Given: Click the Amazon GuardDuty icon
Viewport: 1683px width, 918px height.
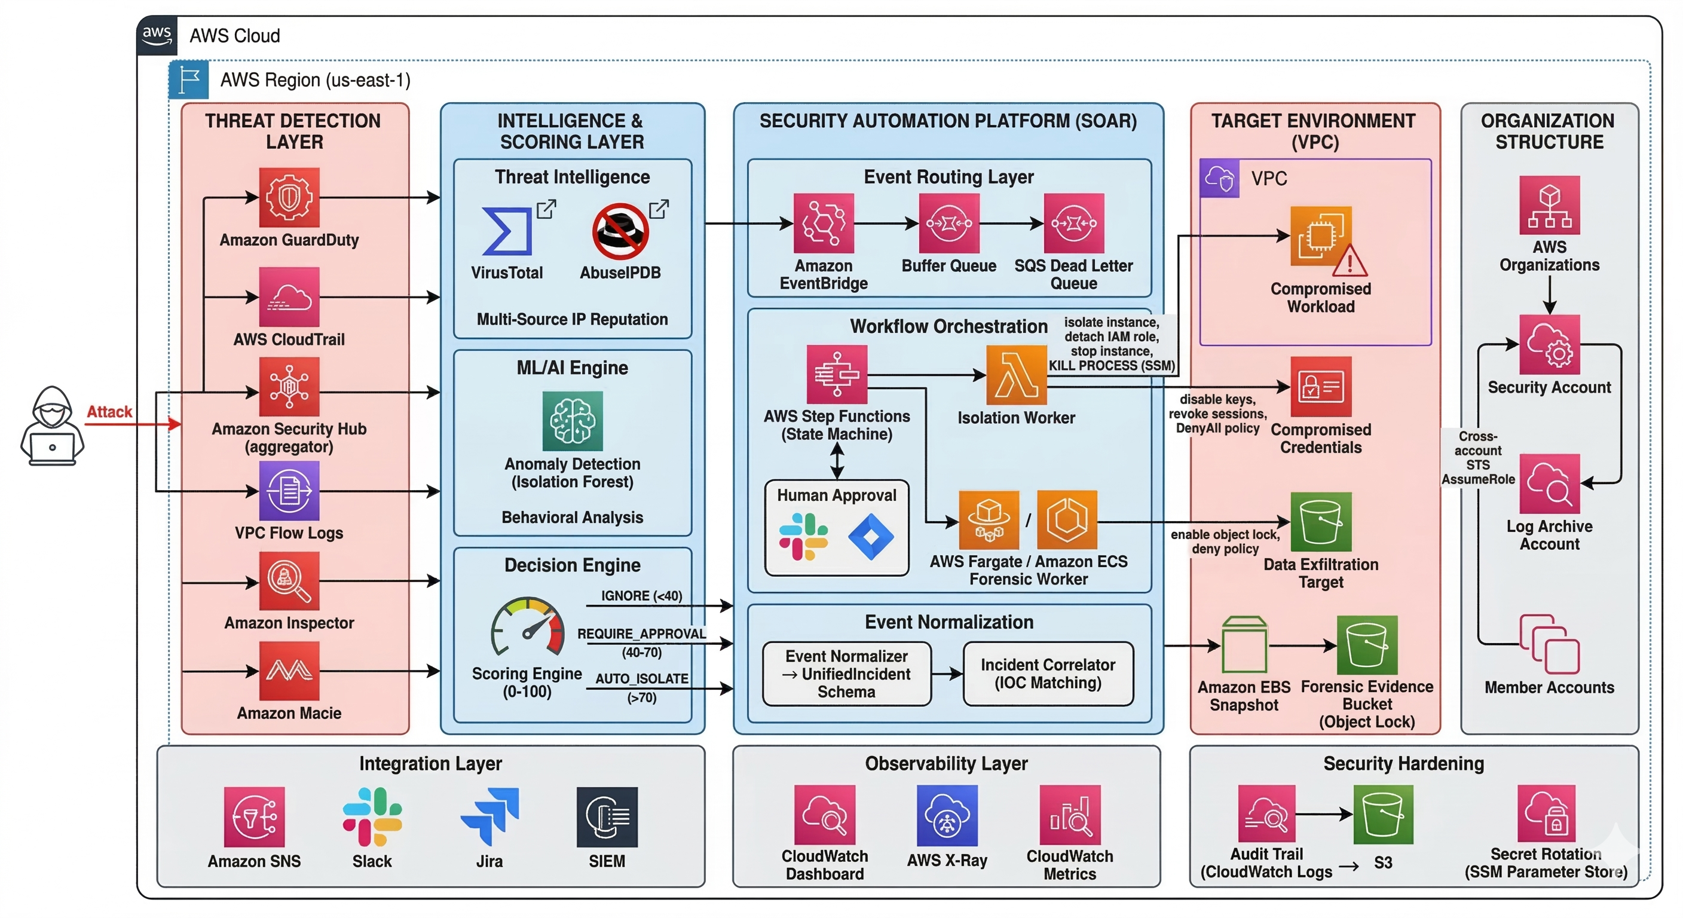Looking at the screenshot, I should click(x=289, y=197).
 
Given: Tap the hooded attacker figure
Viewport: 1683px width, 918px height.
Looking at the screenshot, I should click(x=52, y=426).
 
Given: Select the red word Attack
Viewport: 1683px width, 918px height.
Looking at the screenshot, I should click(x=109, y=412).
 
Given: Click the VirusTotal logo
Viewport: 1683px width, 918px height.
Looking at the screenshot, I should click(x=506, y=231).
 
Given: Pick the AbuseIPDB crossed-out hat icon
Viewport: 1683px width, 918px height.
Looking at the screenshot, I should click(x=620, y=231).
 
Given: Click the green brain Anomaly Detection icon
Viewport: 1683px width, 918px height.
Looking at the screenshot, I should click(x=573, y=421).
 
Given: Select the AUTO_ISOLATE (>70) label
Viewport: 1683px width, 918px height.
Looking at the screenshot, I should click(x=641, y=687).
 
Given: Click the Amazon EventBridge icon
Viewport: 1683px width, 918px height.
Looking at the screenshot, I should click(x=823, y=223).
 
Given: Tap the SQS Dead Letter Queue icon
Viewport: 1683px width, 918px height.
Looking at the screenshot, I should click(x=1073, y=223).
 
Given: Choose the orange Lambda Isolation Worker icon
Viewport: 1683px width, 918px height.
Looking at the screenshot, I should click(x=1016, y=375).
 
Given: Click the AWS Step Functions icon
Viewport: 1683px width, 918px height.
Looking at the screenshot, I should click(x=836, y=374).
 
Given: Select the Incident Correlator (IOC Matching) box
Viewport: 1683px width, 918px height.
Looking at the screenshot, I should click(x=1047, y=674).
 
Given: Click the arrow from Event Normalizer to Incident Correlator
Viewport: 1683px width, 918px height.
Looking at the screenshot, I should click(x=947, y=674).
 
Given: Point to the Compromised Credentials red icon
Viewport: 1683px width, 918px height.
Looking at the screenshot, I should click(x=1320, y=386).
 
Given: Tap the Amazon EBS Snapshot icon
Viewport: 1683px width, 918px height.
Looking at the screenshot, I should click(x=1244, y=645).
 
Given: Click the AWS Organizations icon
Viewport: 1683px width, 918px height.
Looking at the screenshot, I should click(x=1549, y=205).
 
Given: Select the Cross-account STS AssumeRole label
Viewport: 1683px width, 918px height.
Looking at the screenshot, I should click(x=1478, y=457).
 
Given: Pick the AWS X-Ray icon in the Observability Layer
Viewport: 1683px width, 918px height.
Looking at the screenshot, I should click(x=947, y=815).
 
